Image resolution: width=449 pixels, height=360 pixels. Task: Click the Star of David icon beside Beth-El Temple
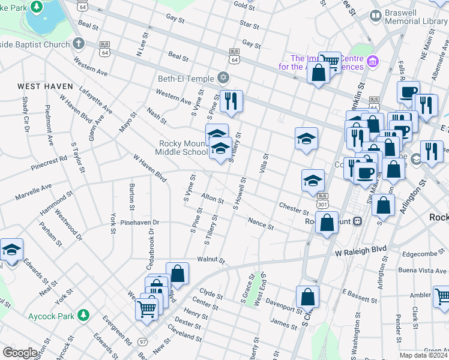(223, 77)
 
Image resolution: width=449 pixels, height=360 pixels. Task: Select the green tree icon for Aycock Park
(85, 314)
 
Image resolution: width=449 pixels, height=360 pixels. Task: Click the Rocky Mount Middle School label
(183, 148)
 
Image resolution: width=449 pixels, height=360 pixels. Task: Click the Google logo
(20, 353)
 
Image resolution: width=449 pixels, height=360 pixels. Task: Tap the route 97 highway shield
(143, 341)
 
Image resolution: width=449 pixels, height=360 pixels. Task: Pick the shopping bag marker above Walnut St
(178, 273)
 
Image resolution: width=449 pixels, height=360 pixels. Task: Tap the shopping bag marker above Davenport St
(307, 296)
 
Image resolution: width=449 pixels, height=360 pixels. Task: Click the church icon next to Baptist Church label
(78, 43)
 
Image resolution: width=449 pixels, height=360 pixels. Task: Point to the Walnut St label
(211, 261)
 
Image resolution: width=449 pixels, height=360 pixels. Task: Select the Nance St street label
(261, 223)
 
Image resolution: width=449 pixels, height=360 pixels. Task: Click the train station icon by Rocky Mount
(358, 221)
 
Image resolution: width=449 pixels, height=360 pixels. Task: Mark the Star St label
(249, 26)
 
